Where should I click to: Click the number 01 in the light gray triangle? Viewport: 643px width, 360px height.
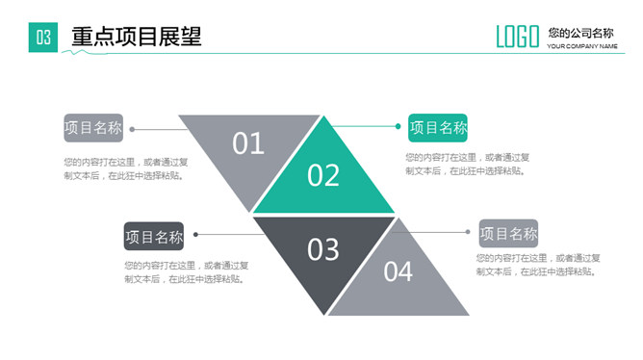point(248,143)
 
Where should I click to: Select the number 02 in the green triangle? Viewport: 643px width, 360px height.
point(323,175)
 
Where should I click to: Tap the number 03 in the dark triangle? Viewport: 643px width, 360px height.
point(323,249)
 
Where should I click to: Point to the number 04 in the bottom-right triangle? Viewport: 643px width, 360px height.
point(399,271)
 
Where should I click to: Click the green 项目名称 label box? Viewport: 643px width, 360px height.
point(438,128)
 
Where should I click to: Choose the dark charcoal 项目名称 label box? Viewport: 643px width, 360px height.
point(153,236)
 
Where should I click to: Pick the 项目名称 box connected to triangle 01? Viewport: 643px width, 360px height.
point(93,128)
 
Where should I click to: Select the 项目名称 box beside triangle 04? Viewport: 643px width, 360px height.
point(508,234)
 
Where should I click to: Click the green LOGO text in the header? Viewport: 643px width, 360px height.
point(517,37)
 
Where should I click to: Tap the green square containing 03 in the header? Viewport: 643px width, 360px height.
point(43,38)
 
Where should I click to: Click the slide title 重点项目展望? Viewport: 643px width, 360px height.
point(136,37)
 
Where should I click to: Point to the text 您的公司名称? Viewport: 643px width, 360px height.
point(580,33)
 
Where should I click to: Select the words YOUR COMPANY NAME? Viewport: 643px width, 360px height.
point(581,46)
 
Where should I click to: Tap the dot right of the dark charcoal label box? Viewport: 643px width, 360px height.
point(195,234)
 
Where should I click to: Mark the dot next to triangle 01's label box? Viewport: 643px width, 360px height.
point(132,129)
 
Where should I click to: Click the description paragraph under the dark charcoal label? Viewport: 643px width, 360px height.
point(186,272)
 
